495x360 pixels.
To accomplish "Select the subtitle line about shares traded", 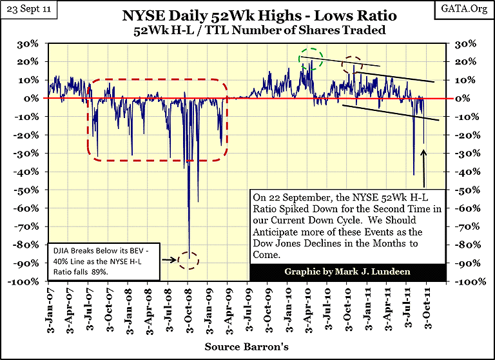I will tap(247, 30).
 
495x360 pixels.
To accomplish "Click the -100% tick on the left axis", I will tap(27, 283).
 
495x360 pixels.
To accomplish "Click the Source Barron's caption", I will tap(247, 346).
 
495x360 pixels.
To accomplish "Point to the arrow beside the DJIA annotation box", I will tap(170, 260).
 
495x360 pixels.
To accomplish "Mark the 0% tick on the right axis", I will tap(466, 98).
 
